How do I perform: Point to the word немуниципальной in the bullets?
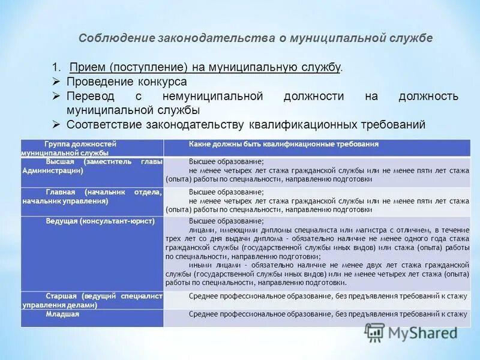[x=213, y=97]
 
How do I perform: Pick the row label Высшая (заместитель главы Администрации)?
[x=92, y=166]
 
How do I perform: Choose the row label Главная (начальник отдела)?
[x=92, y=196]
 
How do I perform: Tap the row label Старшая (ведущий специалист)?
[x=92, y=300]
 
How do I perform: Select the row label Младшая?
[x=62, y=314]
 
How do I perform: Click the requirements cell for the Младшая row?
[x=327, y=314]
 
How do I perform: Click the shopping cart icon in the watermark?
[x=375, y=332]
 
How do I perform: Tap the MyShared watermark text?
[x=423, y=332]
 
